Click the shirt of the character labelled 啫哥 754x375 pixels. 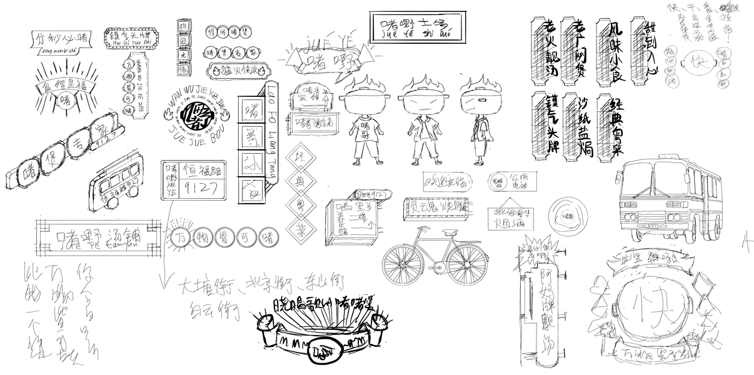tap(364, 131)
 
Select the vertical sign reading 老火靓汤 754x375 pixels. tap(542, 52)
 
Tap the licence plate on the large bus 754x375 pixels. tap(651, 224)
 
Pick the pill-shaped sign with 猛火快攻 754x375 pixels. tap(240, 71)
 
